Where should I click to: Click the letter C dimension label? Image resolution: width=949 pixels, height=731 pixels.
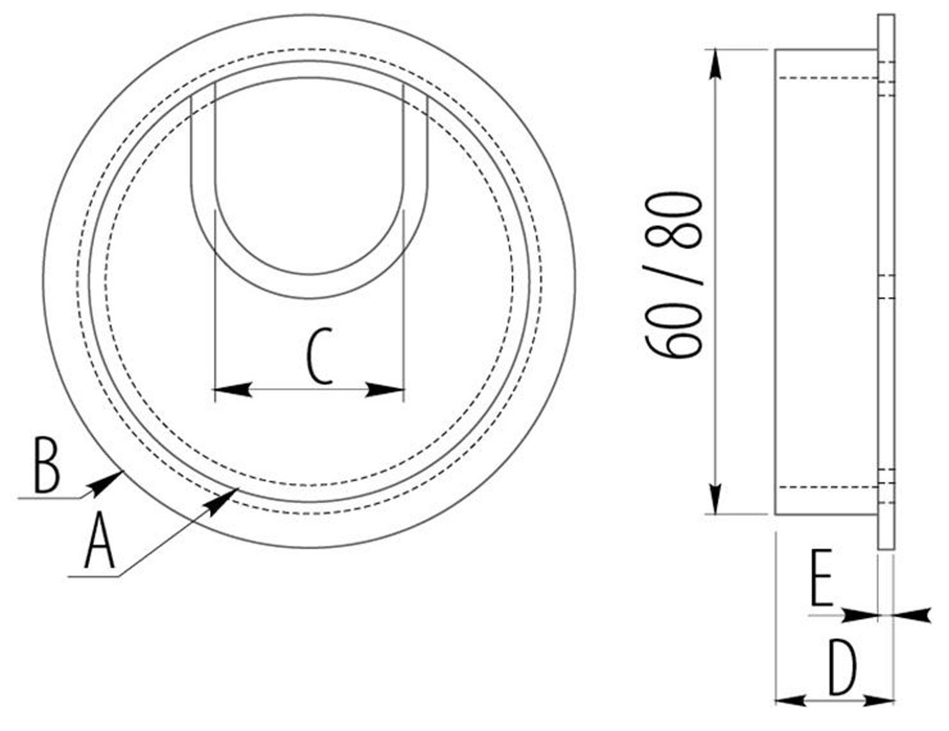pyautogui.click(x=319, y=357)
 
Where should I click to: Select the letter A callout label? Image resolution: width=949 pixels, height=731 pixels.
pyautogui.click(x=99, y=540)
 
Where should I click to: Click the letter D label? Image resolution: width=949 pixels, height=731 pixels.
pyautogui.click(x=843, y=666)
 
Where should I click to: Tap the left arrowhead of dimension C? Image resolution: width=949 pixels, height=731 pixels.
pyautogui.click(x=233, y=389)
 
